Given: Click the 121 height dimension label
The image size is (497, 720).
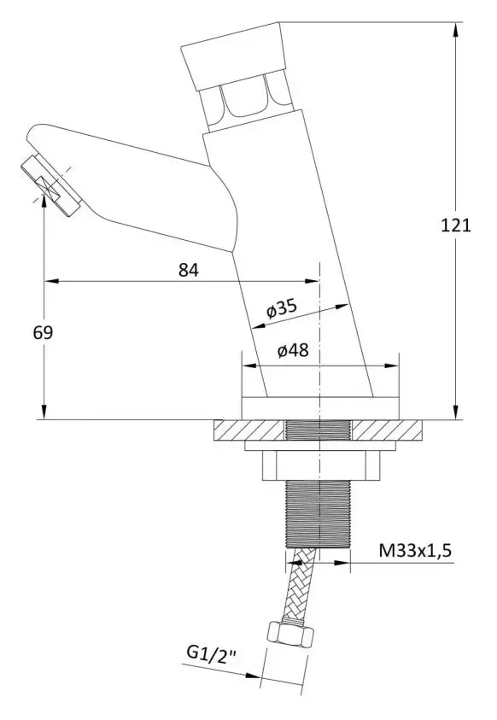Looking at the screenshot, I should click(x=456, y=225).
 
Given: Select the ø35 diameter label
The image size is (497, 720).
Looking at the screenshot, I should click(x=282, y=308).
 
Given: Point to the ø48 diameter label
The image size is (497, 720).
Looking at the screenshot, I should click(x=294, y=349).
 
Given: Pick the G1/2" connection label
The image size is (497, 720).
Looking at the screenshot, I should click(x=209, y=656).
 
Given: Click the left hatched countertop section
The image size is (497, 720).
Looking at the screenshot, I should click(x=248, y=429).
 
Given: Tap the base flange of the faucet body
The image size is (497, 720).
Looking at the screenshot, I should click(x=320, y=408).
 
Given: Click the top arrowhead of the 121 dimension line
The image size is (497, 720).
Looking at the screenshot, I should click(x=454, y=29).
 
